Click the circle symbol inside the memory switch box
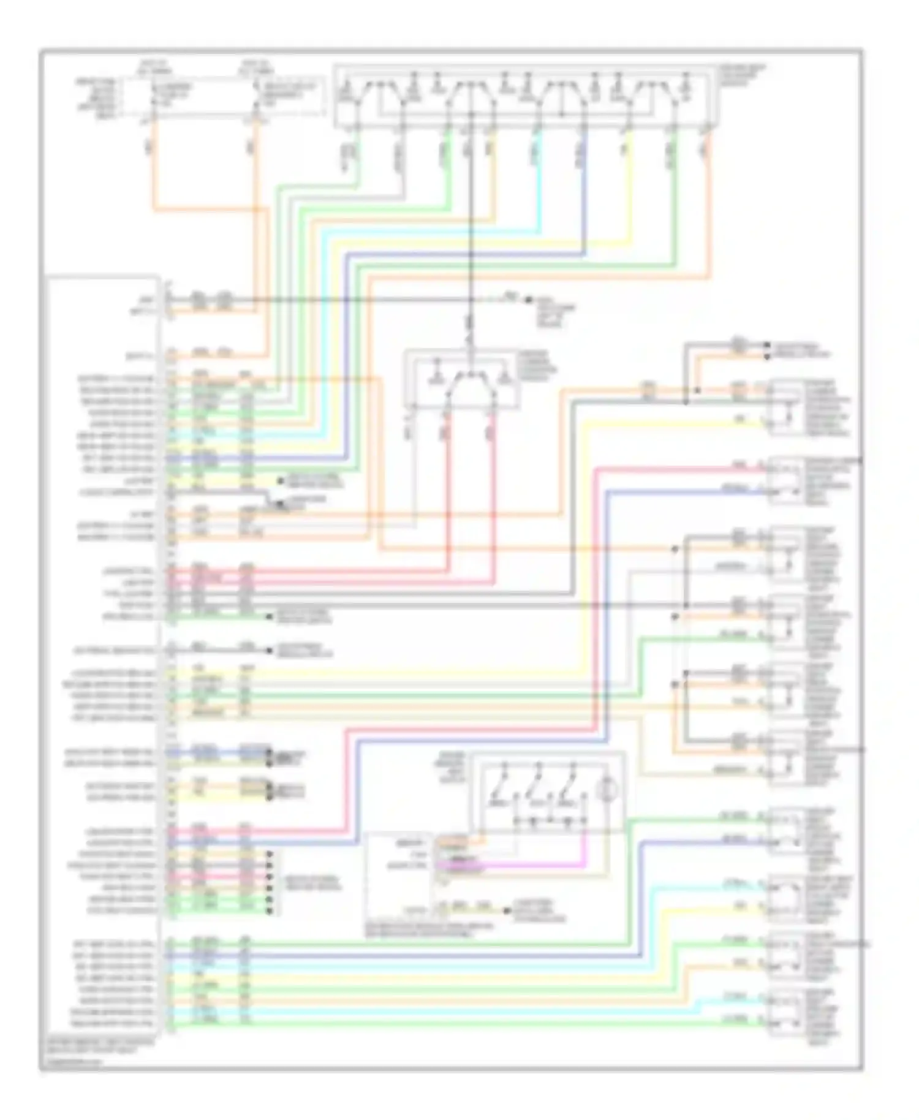[x=609, y=789]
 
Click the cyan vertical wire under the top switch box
[x=540, y=184]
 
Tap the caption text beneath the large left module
[x=98, y=1044]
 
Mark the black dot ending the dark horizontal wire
[x=528, y=300]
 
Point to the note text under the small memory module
[x=429, y=929]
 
